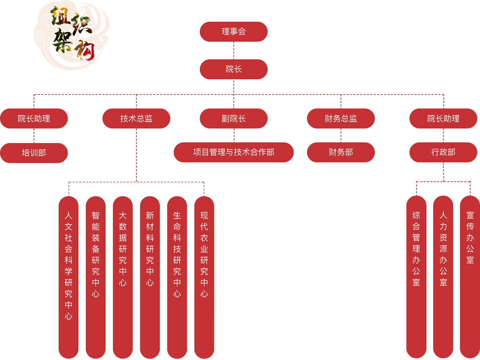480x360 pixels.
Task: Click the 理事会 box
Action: click(x=233, y=32)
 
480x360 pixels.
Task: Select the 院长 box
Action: click(x=233, y=69)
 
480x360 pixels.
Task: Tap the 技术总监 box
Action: click(x=136, y=118)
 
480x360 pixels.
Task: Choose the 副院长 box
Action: click(x=233, y=118)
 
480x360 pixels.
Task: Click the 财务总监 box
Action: click(x=341, y=118)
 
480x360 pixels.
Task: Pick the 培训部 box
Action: click(x=34, y=153)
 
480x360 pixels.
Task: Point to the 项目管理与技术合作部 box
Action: click(x=233, y=152)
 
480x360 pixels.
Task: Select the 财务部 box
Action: click(x=341, y=152)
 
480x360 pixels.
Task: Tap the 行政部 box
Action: click(x=443, y=152)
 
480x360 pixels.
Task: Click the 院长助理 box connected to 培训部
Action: click(x=34, y=118)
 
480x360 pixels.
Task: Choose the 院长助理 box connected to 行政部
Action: click(x=443, y=118)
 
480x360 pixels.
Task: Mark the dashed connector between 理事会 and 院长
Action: click(x=234, y=51)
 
